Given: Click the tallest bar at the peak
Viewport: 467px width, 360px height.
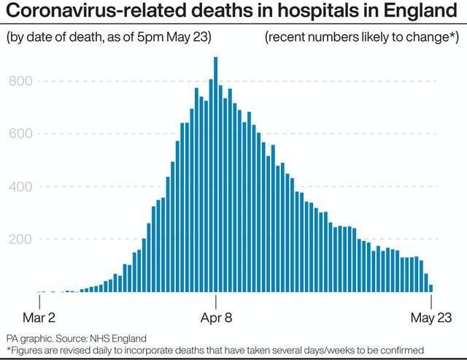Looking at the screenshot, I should [x=215, y=175].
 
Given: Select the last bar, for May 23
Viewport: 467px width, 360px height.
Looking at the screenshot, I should [x=431, y=288].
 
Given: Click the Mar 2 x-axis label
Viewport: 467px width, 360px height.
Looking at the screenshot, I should [x=39, y=318].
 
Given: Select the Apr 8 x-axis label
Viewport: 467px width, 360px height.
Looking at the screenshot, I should [x=215, y=318].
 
